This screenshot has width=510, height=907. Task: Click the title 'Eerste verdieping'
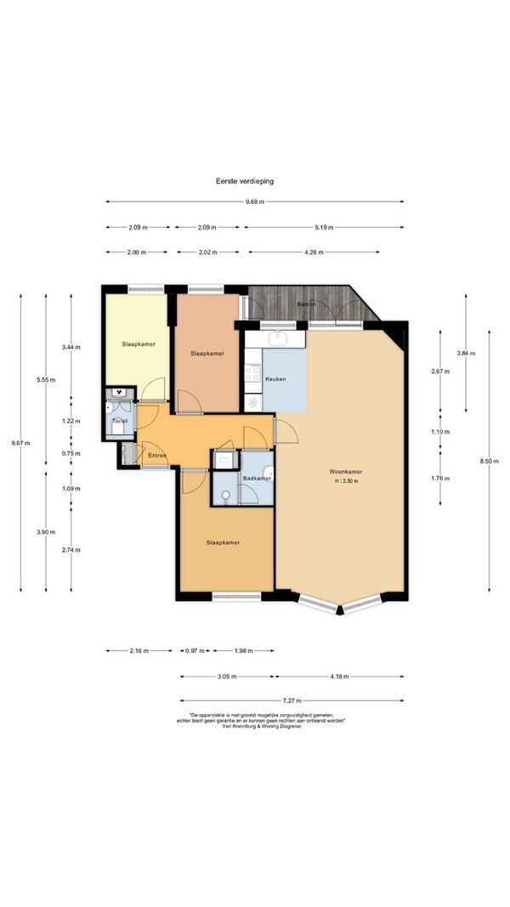(x=245, y=181)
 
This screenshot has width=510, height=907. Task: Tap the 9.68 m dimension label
(x=254, y=201)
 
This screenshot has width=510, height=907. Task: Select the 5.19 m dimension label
(x=324, y=227)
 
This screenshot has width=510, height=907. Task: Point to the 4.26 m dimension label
(x=313, y=252)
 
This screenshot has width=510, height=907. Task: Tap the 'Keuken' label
(x=275, y=379)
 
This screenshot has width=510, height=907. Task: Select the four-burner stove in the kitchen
(x=253, y=372)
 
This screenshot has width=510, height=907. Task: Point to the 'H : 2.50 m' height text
(x=346, y=480)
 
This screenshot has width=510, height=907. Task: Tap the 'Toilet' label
(x=120, y=421)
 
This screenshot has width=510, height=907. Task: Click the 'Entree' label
(x=157, y=456)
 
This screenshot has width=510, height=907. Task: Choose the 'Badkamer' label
(x=258, y=479)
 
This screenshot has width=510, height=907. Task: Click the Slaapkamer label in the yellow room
(x=139, y=344)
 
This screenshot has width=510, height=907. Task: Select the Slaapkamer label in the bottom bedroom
(x=224, y=542)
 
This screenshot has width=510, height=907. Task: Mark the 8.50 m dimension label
(x=490, y=461)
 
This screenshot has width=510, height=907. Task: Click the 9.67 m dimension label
(x=20, y=443)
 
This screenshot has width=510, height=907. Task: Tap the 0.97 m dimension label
(x=195, y=651)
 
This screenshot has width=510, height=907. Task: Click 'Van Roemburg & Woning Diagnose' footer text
(x=261, y=727)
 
